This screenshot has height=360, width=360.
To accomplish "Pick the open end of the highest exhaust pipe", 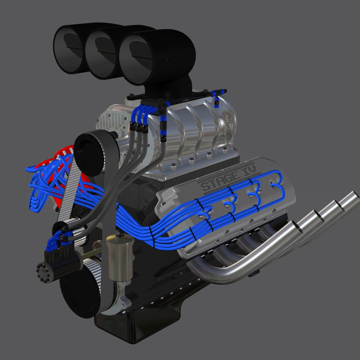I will (x=351, y=195).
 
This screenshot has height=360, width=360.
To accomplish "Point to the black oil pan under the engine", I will (x=144, y=331).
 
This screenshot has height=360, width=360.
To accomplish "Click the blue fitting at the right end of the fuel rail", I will (x=217, y=101).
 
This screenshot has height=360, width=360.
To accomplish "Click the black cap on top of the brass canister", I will (x=117, y=239).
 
